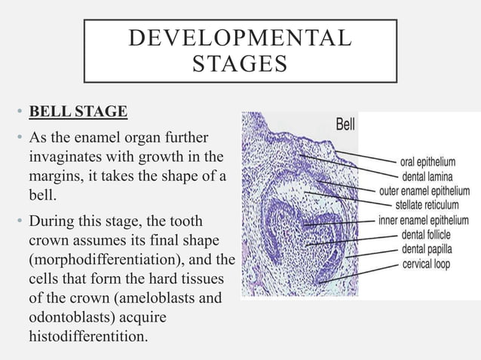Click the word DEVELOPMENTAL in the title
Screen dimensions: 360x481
[x=240, y=38]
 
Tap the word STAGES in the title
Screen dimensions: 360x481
[x=240, y=65]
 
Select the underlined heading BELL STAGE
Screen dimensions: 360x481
[x=78, y=113]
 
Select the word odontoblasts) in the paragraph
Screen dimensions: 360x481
[x=71, y=316]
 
